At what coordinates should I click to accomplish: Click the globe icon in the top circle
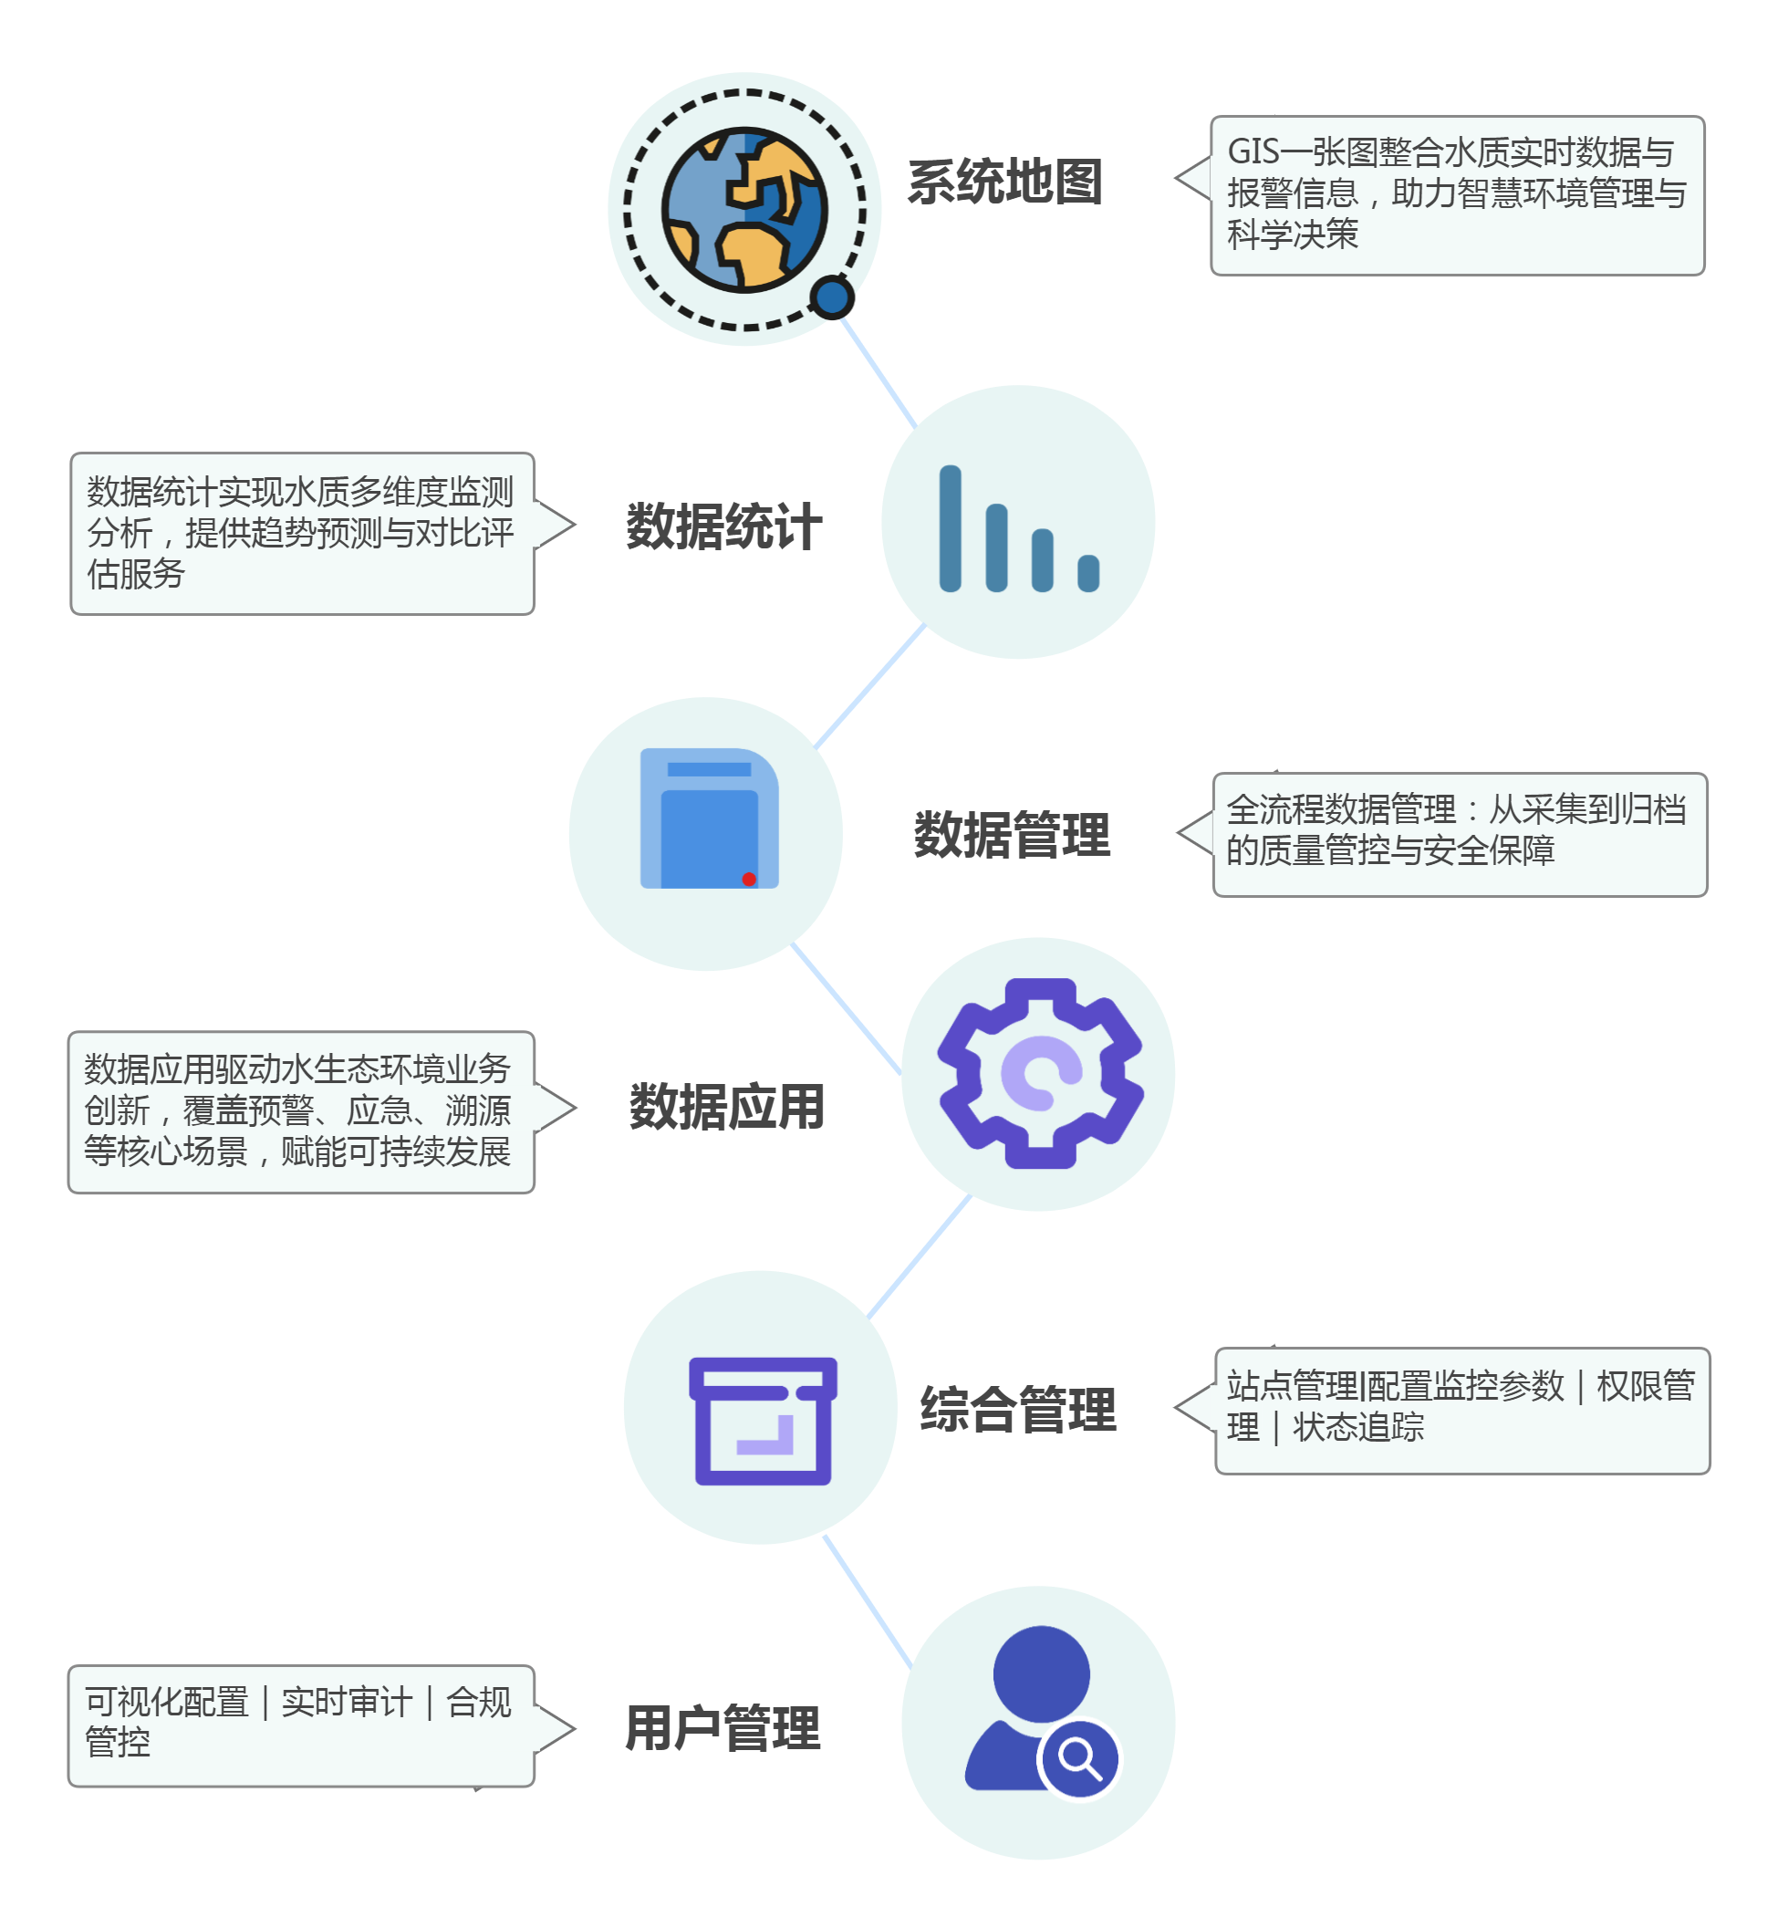(x=743, y=210)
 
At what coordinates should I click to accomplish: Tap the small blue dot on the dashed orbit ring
(x=832, y=297)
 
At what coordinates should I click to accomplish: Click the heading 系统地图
(x=1004, y=182)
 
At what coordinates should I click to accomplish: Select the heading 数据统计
(x=723, y=526)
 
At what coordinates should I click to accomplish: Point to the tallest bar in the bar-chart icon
(x=950, y=528)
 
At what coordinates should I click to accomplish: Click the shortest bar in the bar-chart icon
(x=1088, y=573)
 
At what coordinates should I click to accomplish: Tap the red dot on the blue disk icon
(x=749, y=880)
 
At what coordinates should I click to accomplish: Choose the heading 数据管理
(x=1012, y=834)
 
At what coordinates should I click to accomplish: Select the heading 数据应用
(x=726, y=1107)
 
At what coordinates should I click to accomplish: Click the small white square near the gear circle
(x=1321, y=1170)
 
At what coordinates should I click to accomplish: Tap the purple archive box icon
(x=763, y=1420)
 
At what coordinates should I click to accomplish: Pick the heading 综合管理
(x=1018, y=1410)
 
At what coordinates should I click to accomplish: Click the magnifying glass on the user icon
(x=1079, y=1758)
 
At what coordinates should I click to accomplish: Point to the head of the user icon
(x=1041, y=1673)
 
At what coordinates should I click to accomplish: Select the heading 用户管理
(x=723, y=1728)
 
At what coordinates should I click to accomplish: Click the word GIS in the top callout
(x=1253, y=152)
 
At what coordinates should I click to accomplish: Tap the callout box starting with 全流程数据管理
(x=1459, y=834)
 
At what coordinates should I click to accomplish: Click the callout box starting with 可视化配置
(x=300, y=1726)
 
